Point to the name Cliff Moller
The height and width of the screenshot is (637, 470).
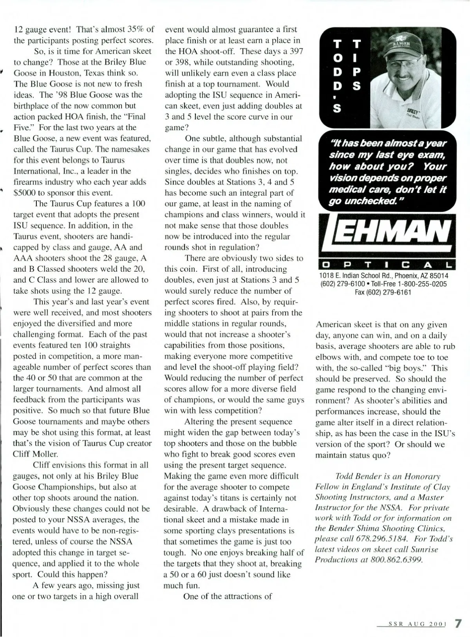pos(36,454)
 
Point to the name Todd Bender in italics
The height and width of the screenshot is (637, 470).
pos(357,476)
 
